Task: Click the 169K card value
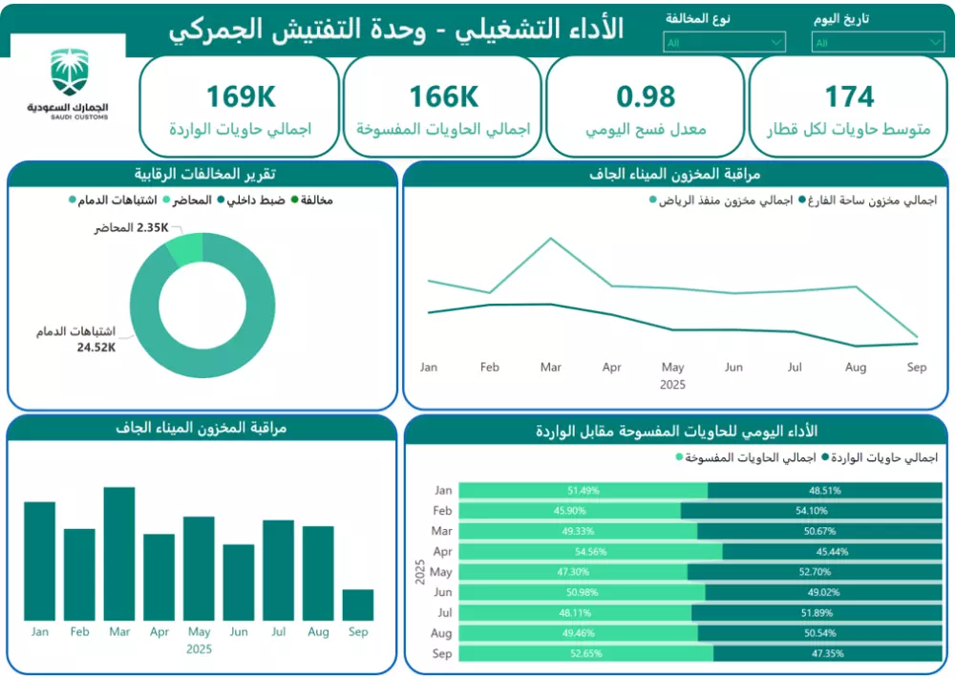coord(241,96)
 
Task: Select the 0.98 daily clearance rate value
coord(646,96)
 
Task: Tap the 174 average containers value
coord(849,96)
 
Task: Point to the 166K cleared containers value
coord(443,96)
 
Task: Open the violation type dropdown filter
coord(724,42)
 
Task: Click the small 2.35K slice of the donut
coord(187,249)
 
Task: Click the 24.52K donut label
coord(96,348)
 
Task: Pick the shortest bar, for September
coord(358,605)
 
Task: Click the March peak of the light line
coord(551,239)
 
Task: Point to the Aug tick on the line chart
coord(856,368)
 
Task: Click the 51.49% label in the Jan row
coord(583,491)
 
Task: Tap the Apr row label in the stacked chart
coord(442,552)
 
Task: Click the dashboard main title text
coord(396,29)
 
